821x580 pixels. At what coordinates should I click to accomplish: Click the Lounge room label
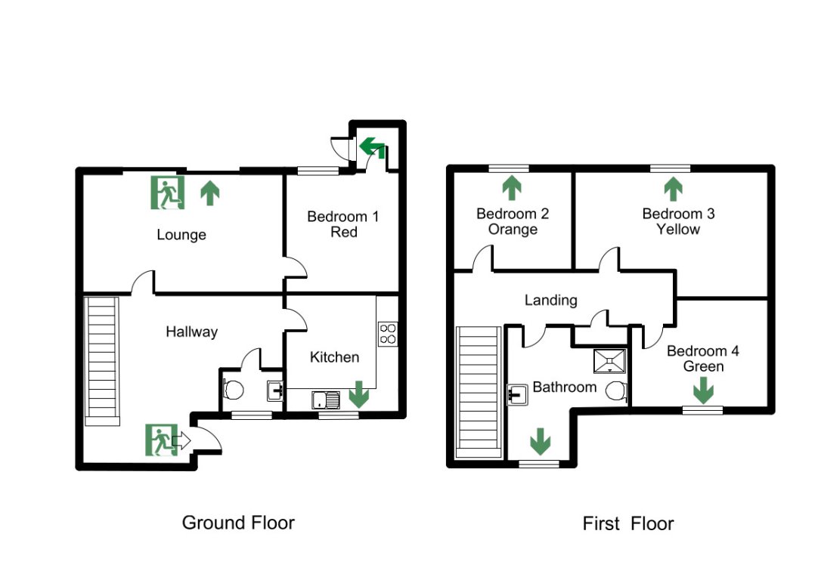181,235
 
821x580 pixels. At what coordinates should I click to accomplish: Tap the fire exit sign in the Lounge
167,193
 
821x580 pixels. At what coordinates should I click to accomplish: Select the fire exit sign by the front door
161,440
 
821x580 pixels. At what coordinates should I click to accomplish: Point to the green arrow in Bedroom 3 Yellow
672,187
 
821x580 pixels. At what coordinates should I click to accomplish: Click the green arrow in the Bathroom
540,440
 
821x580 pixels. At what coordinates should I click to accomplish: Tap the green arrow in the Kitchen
359,394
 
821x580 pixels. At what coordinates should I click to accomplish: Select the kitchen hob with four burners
388,333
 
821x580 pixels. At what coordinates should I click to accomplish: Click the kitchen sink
327,400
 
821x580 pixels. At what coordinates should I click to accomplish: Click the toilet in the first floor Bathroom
617,391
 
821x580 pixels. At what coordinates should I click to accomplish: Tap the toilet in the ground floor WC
234,390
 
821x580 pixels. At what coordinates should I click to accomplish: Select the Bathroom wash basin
516,393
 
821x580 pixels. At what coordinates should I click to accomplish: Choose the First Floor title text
627,523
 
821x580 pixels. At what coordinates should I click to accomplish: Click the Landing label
551,300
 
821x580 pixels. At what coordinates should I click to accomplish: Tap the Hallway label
192,332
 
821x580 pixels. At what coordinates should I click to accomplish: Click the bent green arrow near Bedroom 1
372,147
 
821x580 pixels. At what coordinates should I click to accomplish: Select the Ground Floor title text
238,522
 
